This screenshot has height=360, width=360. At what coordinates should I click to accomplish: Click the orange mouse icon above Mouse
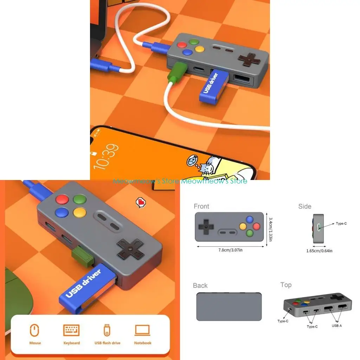[x=34, y=330]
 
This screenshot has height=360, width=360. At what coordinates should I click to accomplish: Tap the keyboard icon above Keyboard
[x=71, y=330]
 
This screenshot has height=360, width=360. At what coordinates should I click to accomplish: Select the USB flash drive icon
[x=107, y=330]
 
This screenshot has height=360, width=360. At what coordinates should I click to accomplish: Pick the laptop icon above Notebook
[x=142, y=330]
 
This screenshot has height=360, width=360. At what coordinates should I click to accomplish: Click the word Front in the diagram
[x=201, y=206]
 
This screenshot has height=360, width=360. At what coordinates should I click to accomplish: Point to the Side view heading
[x=304, y=206]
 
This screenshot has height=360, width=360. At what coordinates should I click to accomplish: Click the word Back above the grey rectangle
[x=200, y=285]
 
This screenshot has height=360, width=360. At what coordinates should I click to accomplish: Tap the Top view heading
[x=286, y=285]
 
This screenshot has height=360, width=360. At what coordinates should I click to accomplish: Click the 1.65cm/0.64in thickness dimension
[x=319, y=251]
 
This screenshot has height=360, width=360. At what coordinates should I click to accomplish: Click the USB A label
[x=336, y=326]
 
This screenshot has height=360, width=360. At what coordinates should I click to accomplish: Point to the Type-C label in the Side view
[x=341, y=224]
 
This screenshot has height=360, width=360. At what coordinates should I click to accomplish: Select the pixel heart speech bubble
[x=141, y=202]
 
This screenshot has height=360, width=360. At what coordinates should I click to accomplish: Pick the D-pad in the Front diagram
[x=205, y=226]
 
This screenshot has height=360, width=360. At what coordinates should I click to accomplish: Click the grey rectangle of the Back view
[x=229, y=306]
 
